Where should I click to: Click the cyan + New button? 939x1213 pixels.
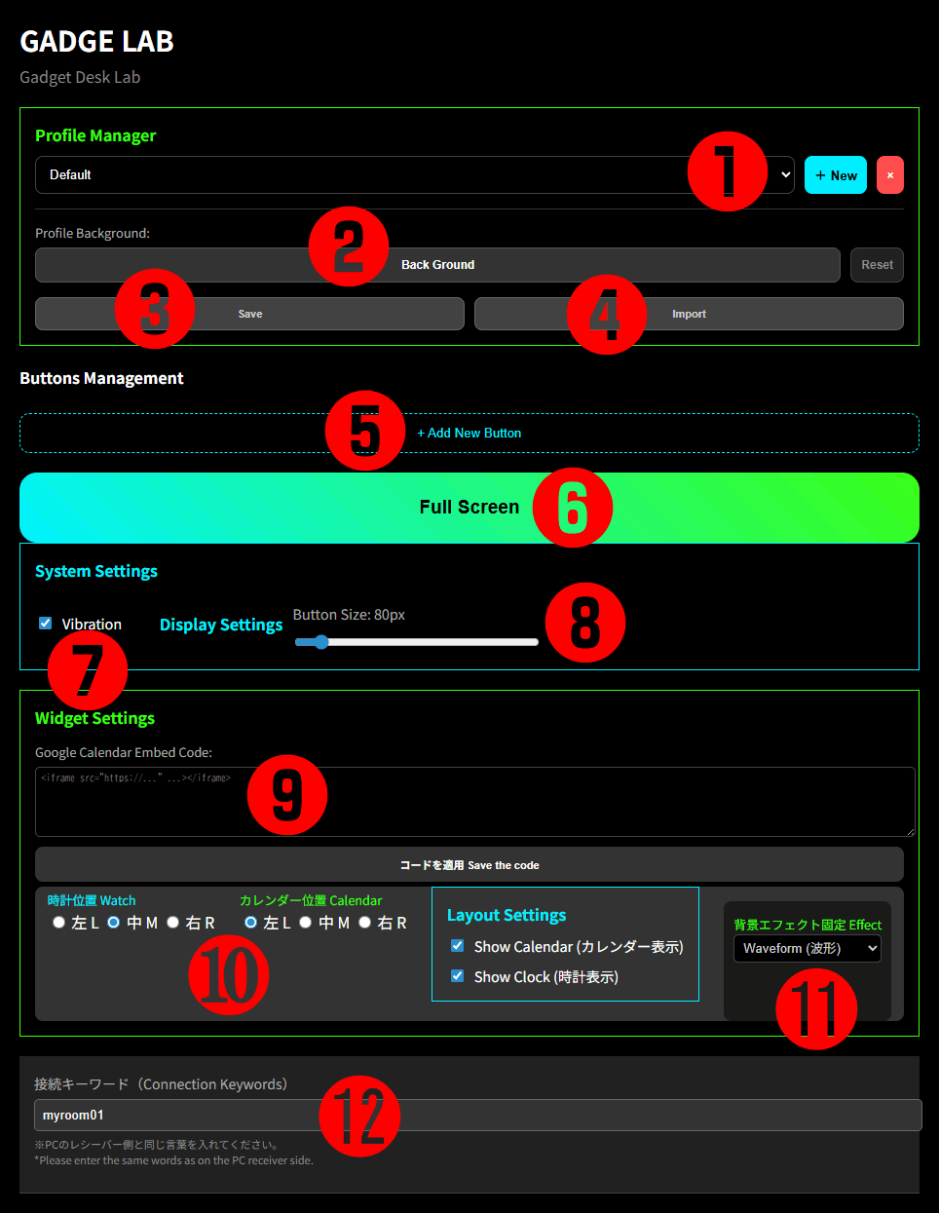click(x=835, y=175)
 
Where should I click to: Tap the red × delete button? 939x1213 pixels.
click(x=890, y=175)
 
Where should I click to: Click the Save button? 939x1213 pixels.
click(x=249, y=314)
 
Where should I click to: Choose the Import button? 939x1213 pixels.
click(x=689, y=314)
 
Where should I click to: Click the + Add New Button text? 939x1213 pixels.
click(x=469, y=434)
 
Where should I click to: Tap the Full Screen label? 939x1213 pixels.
click(x=469, y=507)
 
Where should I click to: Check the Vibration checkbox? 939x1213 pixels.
click(x=45, y=623)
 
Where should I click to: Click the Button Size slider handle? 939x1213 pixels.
click(x=321, y=642)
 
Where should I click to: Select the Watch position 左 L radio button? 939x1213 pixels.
click(x=58, y=922)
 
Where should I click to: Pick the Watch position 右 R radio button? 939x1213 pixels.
click(x=173, y=922)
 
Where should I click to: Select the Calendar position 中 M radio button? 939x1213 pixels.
click(x=305, y=922)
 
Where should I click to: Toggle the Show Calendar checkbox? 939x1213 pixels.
click(x=458, y=946)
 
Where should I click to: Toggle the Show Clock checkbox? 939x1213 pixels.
click(x=458, y=976)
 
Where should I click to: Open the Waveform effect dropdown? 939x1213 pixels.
click(x=808, y=948)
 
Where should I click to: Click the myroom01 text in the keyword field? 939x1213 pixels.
click(x=73, y=1115)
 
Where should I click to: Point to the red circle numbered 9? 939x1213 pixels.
click(x=287, y=795)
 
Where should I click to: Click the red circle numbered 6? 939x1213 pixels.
click(x=573, y=508)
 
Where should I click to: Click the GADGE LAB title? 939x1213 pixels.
click(x=96, y=41)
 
